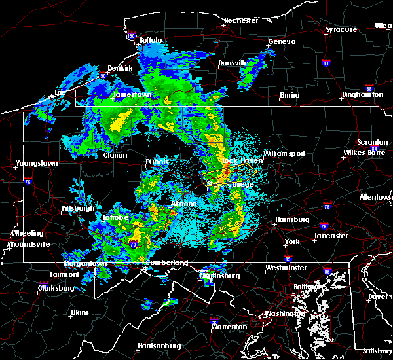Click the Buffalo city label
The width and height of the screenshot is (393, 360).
[x=150, y=41]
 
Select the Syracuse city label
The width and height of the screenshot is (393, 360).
[x=342, y=30]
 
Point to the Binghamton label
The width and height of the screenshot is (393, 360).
[x=362, y=95]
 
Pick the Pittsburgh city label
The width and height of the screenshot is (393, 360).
[x=78, y=208]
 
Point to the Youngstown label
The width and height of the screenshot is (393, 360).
[x=38, y=163]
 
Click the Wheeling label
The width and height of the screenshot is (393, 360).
[x=28, y=233]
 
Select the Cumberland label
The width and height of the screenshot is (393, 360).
[x=167, y=263]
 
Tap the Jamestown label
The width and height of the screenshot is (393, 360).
[x=133, y=94]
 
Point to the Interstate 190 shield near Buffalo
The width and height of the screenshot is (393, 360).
[x=131, y=36]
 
